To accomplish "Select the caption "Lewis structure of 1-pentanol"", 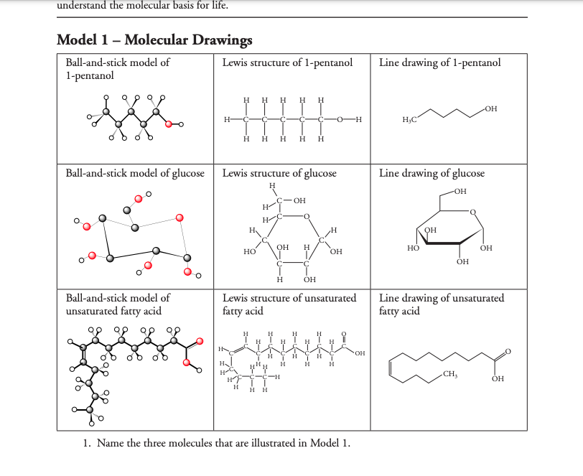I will click(287, 62).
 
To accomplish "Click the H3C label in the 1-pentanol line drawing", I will click(411, 118).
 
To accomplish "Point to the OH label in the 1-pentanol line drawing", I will click(491, 108).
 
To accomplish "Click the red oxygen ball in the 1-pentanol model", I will click(169, 124).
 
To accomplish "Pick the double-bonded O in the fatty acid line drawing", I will click(508, 351).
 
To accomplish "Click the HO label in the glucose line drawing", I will click(413, 247).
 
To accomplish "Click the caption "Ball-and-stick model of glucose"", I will click(135, 173).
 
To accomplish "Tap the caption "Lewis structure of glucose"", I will click(279, 173).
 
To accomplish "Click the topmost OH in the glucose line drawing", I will click(460, 191).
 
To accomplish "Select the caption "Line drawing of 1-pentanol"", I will click(439, 62).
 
